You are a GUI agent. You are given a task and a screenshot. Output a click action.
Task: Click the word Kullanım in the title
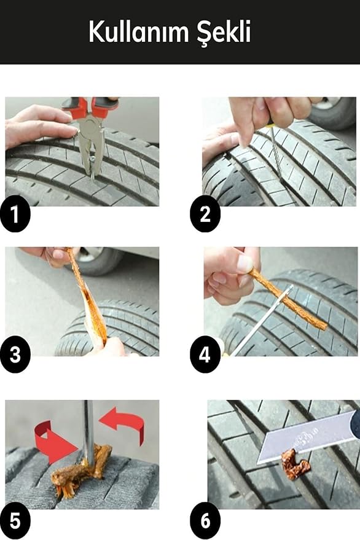click(x=138, y=32)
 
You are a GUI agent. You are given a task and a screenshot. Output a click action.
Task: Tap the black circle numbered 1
click(x=15, y=214)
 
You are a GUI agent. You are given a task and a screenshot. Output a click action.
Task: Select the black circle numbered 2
click(x=205, y=214)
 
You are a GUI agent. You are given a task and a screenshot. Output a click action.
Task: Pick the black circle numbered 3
click(x=15, y=354)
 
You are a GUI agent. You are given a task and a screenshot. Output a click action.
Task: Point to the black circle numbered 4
click(x=205, y=354)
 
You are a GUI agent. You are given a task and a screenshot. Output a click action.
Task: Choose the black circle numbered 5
click(x=15, y=522)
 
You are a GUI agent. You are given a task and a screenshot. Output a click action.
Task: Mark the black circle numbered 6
click(x=205, y=521)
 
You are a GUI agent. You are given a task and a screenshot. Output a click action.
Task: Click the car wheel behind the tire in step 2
click(x=331, y=111)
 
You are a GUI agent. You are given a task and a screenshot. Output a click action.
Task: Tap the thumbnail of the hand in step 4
click(x=245, y=264)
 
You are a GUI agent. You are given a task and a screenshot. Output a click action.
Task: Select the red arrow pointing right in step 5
click(x=55, y=442)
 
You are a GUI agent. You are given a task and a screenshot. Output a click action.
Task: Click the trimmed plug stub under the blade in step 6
click(x=295, y=464)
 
